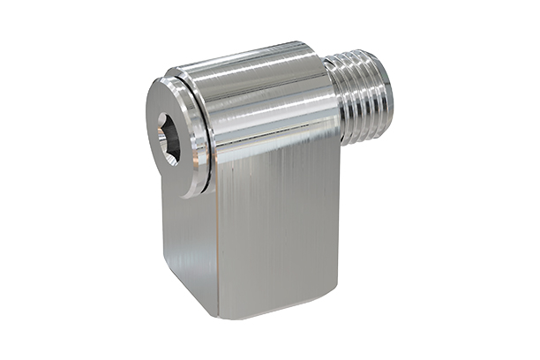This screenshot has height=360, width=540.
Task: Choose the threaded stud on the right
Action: (x=364, y=93)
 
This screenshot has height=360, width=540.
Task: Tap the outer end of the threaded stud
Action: (x=386, y=93)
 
